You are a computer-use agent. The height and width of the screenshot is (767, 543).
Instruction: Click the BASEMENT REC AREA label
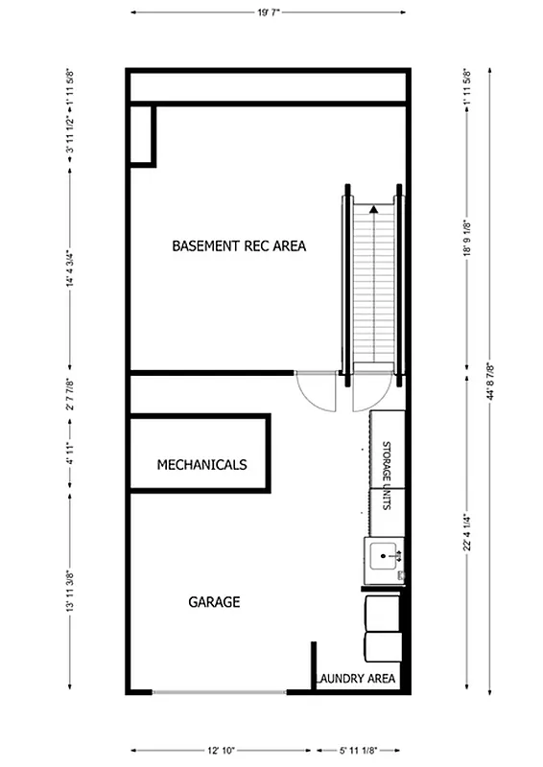pos(239,246)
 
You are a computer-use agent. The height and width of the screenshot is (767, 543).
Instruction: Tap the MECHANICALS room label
pos(201,465)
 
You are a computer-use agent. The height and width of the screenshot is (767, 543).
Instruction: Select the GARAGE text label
pos(213,603)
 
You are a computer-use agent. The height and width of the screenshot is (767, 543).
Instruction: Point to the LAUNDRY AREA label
pos(355,679)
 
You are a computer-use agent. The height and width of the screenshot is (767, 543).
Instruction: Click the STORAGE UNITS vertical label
pos(387,476)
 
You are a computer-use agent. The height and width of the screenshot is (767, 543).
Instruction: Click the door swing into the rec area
pos(318,391)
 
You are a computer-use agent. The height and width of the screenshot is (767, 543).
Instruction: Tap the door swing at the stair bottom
pos(371,391)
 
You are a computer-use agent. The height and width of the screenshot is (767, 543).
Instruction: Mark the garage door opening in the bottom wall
pos(218,691)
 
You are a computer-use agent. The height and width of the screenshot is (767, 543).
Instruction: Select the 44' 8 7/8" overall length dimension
pos(490,381)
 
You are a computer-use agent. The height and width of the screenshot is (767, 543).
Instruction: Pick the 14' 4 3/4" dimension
pos(69,270)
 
